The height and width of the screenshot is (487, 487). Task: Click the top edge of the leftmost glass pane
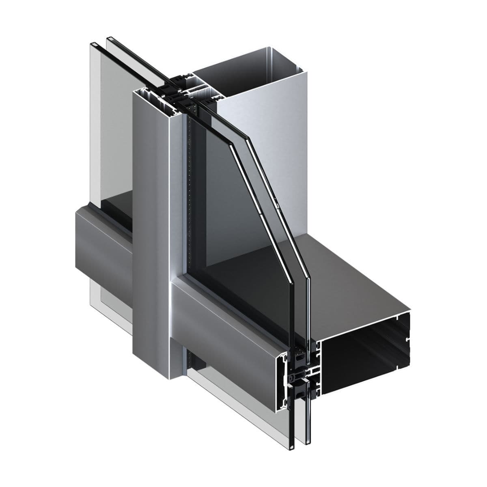[93, 43]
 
